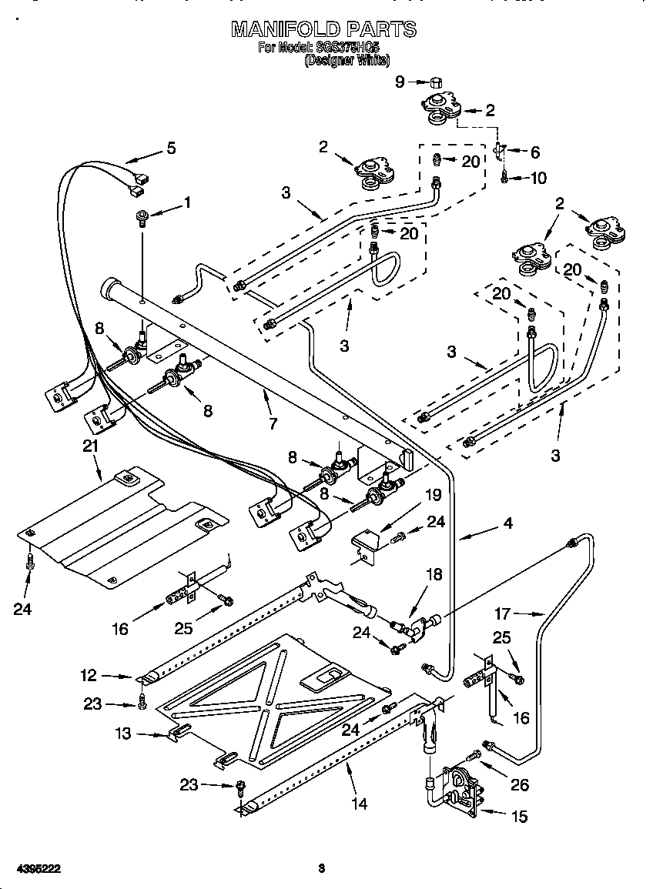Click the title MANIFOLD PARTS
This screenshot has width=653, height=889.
pyautogui.click(x=324, y=29)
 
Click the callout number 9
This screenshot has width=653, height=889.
pyautogui.click(x=400, y=81)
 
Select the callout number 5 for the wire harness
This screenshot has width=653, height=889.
pyautogui.click(x=171, y=148)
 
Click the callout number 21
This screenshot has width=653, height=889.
pyautogui.click(x=91, y=446)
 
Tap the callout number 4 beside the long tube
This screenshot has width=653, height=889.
pyautogui.click(x=508, y=523)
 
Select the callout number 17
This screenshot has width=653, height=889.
pyautogui.click(x=502, y=613)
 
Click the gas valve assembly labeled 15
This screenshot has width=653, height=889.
pyautogui.click(x=458, y=787)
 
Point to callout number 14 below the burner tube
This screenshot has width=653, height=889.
pyautogui.click(x=358, y=804)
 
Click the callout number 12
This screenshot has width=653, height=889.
pyautogui.click(x=89, y=675)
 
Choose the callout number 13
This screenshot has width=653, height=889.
pyautogui.click(x=123, y=734)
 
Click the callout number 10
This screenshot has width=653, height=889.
pyautogui.click(x=538, y=179)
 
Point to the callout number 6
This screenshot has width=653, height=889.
pyautogui.click(x=535, y=152)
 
